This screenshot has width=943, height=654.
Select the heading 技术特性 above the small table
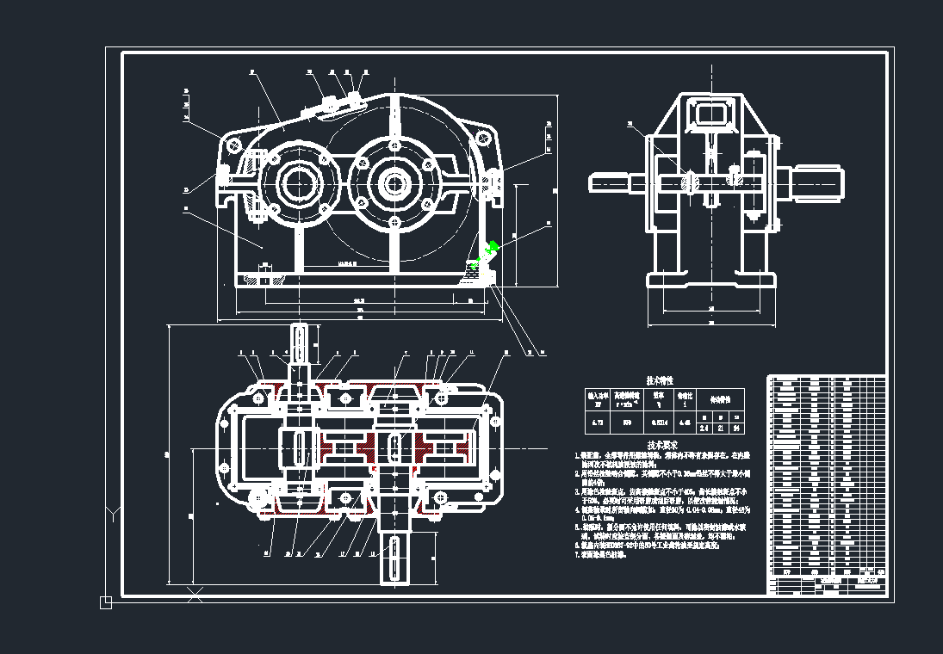pos(660,379)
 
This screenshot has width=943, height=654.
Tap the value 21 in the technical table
pos(720,428)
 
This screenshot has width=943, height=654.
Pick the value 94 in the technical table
pos(736,428)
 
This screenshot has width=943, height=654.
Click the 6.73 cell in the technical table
pos(597,423)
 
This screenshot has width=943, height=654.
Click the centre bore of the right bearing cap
pos(396,183)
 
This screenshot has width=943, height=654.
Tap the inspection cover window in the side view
pos(710,113)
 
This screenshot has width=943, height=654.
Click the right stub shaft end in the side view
pos(818,182)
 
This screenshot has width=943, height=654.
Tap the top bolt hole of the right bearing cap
pos(395,144)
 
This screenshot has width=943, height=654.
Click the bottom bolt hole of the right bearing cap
pos(395,224)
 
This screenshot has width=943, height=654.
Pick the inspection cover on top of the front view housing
pos(337,104)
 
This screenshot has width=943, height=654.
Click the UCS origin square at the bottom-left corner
pos(106,602)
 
